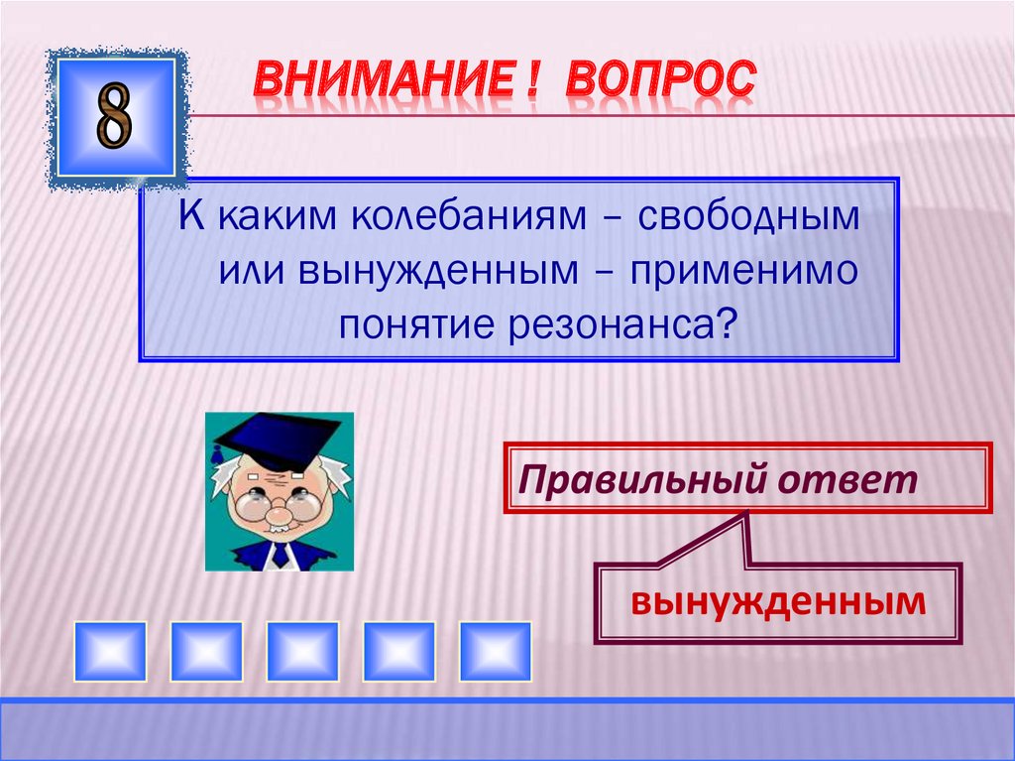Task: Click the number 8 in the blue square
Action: (x=114, y=118)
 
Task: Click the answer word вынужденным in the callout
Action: (x=779, y=600)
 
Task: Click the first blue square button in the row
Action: (x=110, y=651)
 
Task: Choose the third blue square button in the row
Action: (x=302, y=651)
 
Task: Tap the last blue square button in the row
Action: (x=495, y=651)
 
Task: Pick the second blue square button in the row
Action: (x=206, y=651)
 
